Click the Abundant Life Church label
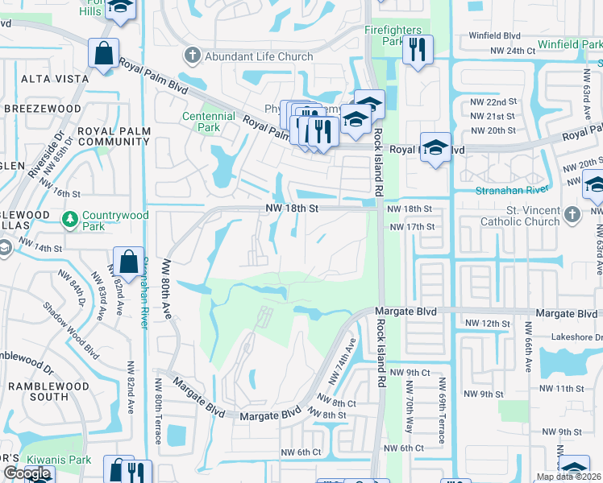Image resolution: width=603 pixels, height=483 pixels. point(259,56)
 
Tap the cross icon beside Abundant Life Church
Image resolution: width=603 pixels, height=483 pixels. point(192,56)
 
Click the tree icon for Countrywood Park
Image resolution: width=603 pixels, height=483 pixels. point(70,218)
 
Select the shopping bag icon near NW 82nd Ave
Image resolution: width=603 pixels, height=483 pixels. point(128,261)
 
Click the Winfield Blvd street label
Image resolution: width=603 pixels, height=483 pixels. point(496,35)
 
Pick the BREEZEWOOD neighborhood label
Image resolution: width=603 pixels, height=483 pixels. point(43,109)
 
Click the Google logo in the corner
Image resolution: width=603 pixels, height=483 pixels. point(27,473)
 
